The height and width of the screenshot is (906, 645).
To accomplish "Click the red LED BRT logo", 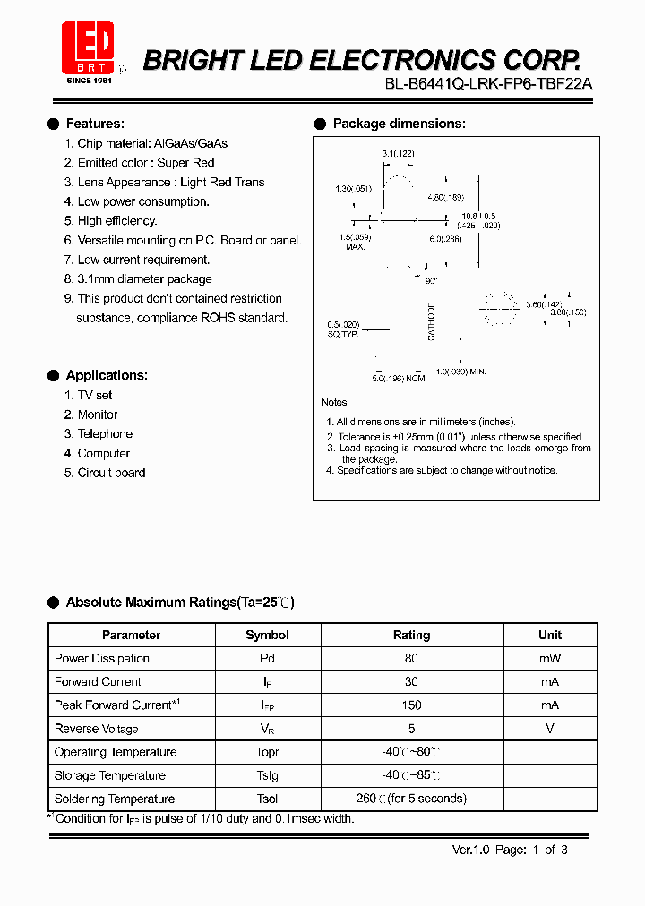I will click(x=88, y=47).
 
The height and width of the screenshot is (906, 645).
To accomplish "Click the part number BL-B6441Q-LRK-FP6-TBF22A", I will click(x=488, y=83).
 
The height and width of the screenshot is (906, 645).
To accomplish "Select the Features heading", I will click(x=95, y=124).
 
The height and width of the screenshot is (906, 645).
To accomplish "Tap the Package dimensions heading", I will click(x=399, y=124).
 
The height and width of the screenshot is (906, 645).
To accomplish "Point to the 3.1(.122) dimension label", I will click(x=398, y=154).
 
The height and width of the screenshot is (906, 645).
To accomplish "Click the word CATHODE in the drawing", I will click(x=431, y=321).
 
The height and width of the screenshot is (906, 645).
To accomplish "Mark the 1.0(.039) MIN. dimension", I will click(x=460, y=371).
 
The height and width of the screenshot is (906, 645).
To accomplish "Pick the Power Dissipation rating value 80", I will click(x=411, y=658).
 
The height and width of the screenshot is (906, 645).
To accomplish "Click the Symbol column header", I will click(x=267, y=635).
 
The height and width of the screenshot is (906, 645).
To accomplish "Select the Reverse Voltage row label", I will click(x=97, y=729).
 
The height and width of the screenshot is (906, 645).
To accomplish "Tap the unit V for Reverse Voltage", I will click(x=550, y=729).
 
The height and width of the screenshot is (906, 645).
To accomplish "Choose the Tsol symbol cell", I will click(x=267, y=799).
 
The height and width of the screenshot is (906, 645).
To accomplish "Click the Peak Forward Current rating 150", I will click(x=411, y=705).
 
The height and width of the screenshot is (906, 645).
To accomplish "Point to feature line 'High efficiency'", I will click(x=116, y=220).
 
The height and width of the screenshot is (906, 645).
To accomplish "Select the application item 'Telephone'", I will click(x=104, y=433).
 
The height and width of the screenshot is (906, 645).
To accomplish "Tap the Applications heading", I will click(x=107, y=375).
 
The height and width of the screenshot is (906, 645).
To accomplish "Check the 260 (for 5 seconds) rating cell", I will click(x=411, y=799).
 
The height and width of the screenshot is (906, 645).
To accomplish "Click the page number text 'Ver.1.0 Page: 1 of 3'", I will click(x=510, y=850).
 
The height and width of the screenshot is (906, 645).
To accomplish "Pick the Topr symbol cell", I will click(x=267, y=752).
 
